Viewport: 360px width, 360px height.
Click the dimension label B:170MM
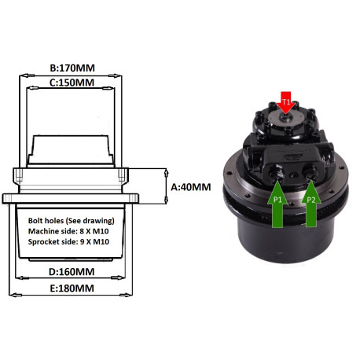point(72,68)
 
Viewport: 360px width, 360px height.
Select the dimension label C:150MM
point(72,82)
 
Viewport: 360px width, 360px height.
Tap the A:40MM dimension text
point(191,187)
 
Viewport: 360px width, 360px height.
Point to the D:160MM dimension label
point(71,271)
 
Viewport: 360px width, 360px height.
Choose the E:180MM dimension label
point(71,289)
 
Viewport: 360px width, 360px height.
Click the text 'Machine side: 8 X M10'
point(69,233)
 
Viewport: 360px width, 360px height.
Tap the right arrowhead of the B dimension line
point(122,75)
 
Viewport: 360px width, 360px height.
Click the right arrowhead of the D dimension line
point(128,277)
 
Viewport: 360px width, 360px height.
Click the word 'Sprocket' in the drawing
point(46,245)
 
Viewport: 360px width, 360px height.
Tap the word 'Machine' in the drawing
point(45,233)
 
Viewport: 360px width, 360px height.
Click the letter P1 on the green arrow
point(277,200)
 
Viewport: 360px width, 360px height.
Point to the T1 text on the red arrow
point(286,101)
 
